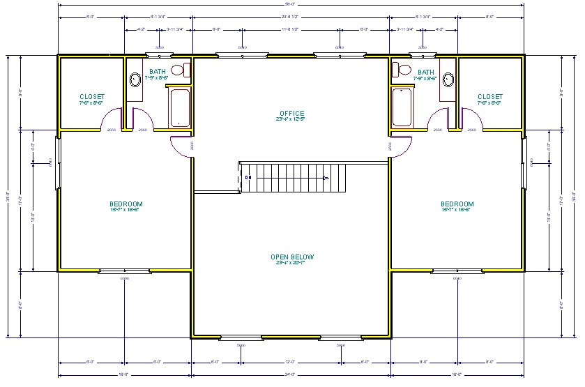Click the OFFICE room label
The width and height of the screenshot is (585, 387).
tap(292, 113)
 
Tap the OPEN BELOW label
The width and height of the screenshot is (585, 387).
tap(292, 257)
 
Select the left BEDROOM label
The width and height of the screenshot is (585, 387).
tap(126, 204)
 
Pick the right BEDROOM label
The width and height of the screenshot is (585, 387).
tap(457, 204)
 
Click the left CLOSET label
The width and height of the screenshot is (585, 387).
tap(92, 97)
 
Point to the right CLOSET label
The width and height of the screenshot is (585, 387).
tap(490, 97)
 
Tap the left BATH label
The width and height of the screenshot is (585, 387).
tap(158, 71)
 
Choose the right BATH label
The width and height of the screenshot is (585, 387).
tap(425, 71)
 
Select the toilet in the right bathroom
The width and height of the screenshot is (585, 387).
tap(402, 69)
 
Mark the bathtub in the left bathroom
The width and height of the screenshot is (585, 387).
tap(181, 107)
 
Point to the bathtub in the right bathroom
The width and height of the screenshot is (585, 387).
tap(402, 107)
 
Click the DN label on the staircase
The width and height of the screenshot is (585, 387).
tap(248, 178)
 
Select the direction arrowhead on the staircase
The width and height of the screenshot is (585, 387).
tap(326, 178)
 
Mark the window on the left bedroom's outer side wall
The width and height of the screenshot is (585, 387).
tap(58, 162)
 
